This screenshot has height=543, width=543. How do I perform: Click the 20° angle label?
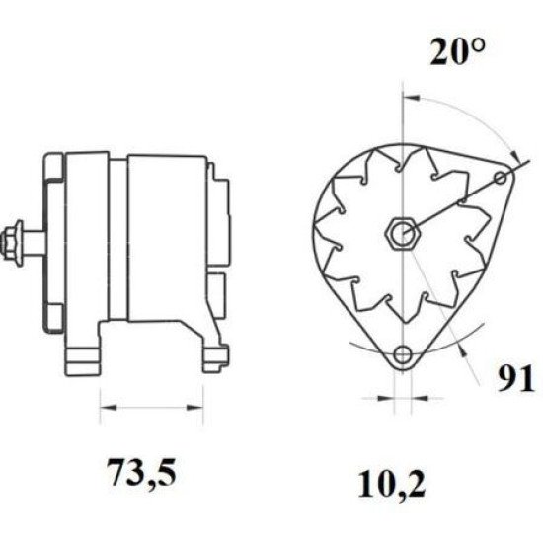pos(457,52)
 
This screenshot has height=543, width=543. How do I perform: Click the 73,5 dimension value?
pos(141,472)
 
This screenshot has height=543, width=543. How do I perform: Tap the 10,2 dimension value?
pos(392,484)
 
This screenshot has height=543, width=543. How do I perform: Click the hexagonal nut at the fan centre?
pos(404,233)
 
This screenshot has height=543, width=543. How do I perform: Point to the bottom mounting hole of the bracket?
pos(403,353)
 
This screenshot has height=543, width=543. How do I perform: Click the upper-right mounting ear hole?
pos(501,179)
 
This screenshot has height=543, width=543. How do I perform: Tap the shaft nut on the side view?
pos(11,240)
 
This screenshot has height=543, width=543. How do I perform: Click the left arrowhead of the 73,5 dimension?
pos(108,408)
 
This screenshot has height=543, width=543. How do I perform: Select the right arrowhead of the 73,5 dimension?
pos(194,408)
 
